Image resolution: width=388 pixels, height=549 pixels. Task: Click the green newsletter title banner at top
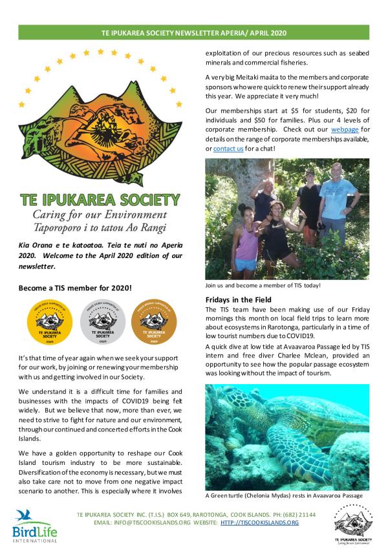pos(194,32)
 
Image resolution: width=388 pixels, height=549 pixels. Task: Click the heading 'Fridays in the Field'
pos(238,300)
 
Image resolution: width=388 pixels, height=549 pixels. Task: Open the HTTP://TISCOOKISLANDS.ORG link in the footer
pos(259,522)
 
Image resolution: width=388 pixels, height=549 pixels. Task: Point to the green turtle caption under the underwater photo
pos(283,495)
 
